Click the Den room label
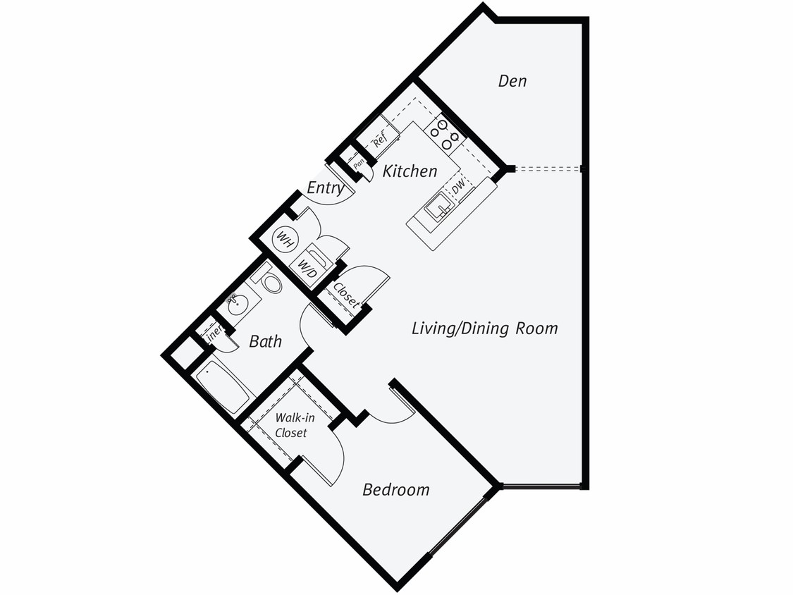(x=512, y=81)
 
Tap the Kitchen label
(x=410, y=171)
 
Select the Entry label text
(x=325, y=188)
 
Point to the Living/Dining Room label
(x=484, y=329)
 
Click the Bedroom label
(x=395, y=490)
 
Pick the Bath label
(x=265, y=342)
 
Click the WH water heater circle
(x=285, y=238)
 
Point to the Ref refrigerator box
(x=379, y=140)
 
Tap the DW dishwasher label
(x=459, y=188)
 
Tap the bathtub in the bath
(x=222, y=387)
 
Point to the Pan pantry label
(x=359, y=164)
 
